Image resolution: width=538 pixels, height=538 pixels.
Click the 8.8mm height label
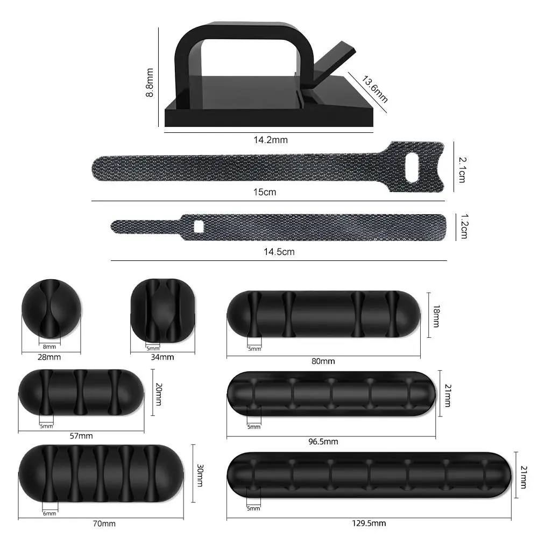(x=150, y=83)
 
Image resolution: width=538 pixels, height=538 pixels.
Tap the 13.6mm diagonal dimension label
(x=375, y=89)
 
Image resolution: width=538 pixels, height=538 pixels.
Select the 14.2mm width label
(x=271, y=140)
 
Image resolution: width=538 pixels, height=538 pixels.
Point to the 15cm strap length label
(x=265, y=192)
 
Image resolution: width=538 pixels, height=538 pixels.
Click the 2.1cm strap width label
(x=463, y=170)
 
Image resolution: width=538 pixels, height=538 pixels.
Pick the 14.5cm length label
(x=279, y=252)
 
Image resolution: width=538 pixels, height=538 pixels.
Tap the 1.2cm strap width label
(x=464, y=226)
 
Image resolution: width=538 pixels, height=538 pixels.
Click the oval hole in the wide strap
(x=412, y=168)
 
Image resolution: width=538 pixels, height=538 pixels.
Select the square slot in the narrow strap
(x=199, y=226)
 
